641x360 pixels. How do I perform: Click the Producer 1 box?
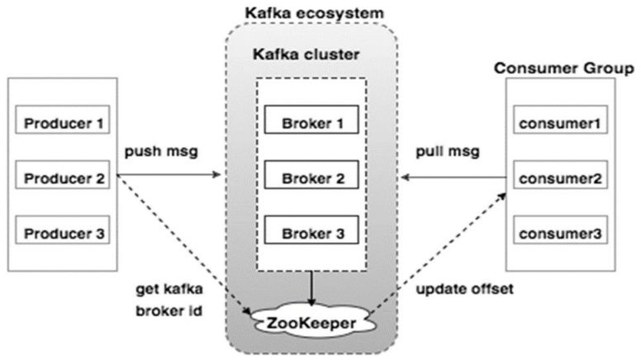64,124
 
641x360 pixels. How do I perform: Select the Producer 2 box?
64,178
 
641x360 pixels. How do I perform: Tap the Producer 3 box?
64,233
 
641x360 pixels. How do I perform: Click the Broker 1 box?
311,124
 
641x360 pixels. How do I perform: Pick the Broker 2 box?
311,178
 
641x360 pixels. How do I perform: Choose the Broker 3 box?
311,233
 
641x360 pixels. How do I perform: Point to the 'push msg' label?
161,153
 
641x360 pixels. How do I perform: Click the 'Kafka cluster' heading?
311,56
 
